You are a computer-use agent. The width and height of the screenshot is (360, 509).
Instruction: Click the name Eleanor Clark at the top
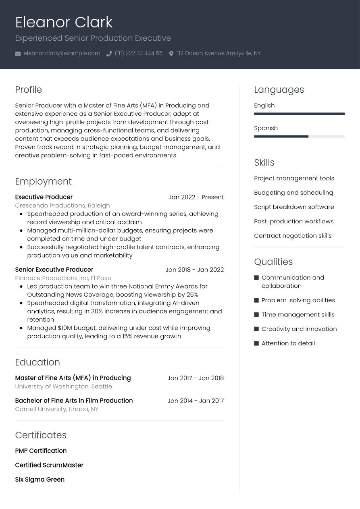coord(64,22)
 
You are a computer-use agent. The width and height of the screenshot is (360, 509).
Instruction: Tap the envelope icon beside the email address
coord(18,54)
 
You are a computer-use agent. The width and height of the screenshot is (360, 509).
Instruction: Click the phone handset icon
coord(109,54)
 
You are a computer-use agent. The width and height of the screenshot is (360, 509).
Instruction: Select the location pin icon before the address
coord(171,54)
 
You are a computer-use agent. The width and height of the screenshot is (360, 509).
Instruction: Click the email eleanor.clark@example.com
coord(62,53)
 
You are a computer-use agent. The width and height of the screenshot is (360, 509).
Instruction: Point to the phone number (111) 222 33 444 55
coord(138,53)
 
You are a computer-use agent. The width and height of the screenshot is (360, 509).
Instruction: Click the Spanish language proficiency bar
coord(299,137)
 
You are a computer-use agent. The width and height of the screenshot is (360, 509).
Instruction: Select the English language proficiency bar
coord(299,114)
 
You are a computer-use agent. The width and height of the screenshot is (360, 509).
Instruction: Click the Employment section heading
coord(43,181)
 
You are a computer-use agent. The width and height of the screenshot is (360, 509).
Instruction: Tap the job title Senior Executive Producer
coord(54,270)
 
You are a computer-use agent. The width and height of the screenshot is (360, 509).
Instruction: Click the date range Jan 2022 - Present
coord(196,197)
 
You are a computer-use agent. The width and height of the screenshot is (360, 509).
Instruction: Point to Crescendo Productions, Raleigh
coord(62,205)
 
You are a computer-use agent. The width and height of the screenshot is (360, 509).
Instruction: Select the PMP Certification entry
coord(41,451)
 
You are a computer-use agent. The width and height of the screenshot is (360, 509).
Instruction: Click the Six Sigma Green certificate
coord(40,479)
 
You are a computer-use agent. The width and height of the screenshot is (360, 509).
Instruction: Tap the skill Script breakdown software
coord(294,207)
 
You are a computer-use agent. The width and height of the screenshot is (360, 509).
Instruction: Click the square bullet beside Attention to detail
coord(256,343)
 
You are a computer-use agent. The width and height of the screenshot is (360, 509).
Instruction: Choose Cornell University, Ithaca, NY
coord(56,409)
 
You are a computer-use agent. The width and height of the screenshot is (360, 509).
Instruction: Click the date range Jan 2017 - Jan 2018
coord(196,378)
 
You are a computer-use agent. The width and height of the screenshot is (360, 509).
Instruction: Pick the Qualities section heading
coord(273,262)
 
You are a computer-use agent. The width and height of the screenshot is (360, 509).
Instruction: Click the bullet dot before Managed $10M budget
coord(21,328)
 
